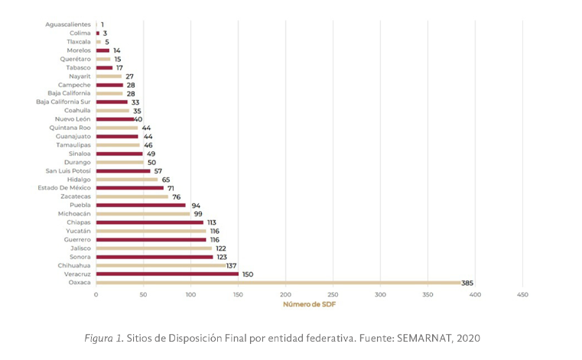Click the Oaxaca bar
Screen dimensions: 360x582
pyautogui.click(x=278, y=283)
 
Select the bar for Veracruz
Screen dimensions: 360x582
pyautogui.click(x=167, y=274)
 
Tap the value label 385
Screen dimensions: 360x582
pyautogui.click(x=467, y=283)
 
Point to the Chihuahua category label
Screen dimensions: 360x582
pyautogui.click(x=74, y=265)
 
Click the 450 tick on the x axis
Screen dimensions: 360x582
pyautogui.click(x=522, y=294)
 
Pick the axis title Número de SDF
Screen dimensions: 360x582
pyautogui.click(x=309, y=304)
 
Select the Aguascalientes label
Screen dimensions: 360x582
pyautogui.click(x=68, y=24)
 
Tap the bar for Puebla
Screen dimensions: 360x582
pyautogui.click(x=141, y=205)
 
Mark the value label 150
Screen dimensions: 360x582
pyautogui.click(x=248, y=274)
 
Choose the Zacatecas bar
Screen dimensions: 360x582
pyautogui.click(x=132, y=196)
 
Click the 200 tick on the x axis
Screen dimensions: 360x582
pyautogui.click(x=285, y=294)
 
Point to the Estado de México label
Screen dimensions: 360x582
pyautogui.click(x=64, y=188)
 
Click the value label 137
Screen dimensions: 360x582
pyautogui.click(x=232, y=265)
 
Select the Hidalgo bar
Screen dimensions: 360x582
pyautogui.click(x=127, y=180)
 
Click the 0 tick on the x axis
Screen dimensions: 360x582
pyautogui.click(x=96, y=294)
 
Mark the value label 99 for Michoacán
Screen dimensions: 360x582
pyautogui.click(x=197, y=214)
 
